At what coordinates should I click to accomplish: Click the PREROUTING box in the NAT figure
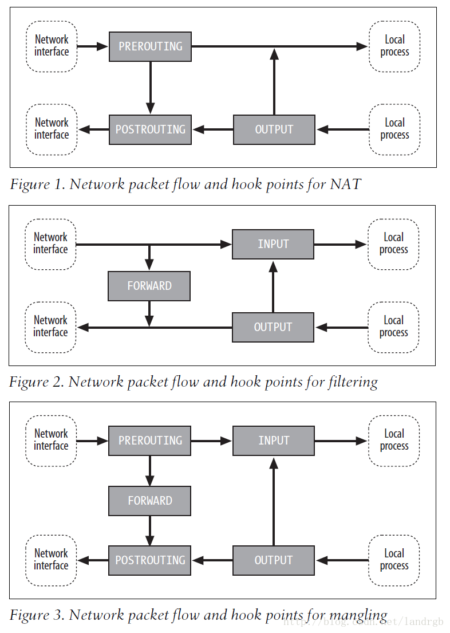tap(150, 46)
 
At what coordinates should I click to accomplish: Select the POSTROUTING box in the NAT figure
tap(150, 129)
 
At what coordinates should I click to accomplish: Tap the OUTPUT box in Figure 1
tap(274, 129)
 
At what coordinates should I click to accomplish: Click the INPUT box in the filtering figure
tap(273, 244)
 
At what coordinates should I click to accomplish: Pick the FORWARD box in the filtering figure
tap(149, 286)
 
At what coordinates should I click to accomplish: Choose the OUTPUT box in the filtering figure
tap(273, 328)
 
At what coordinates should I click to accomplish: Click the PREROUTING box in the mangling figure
tap(150, 441)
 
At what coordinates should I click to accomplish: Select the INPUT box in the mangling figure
tap(274, 441)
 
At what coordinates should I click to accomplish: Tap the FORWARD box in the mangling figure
tap(150, 501)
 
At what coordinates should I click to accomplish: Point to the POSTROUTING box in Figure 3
tap(150, 560)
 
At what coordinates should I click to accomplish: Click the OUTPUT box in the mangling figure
tap(274, 560)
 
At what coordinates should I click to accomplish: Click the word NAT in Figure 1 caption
tap(345, 184)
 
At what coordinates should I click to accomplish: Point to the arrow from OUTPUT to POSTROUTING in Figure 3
tap(212, 560)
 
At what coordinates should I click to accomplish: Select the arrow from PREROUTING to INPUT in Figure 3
tap(212, 441)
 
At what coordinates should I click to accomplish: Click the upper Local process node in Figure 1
tap(394, 46)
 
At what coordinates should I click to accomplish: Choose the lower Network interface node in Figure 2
tap(50, 328)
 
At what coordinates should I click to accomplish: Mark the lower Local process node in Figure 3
tap(394, 560)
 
